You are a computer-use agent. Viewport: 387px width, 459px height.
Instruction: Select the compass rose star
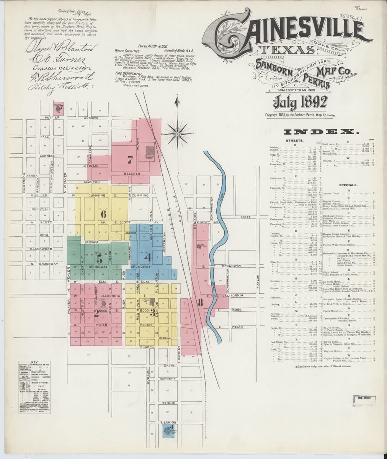click(x=177, y=133)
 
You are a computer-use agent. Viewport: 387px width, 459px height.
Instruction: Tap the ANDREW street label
click(x=91, y=117)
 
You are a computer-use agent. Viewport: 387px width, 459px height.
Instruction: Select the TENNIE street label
click(x=168, y=403)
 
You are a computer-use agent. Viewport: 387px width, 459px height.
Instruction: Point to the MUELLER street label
click(x=39, y=195)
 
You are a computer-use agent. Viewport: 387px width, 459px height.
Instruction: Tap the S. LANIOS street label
click(x=168, y=422)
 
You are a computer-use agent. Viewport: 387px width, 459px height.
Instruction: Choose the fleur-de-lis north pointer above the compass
click(x=177, y=102)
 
